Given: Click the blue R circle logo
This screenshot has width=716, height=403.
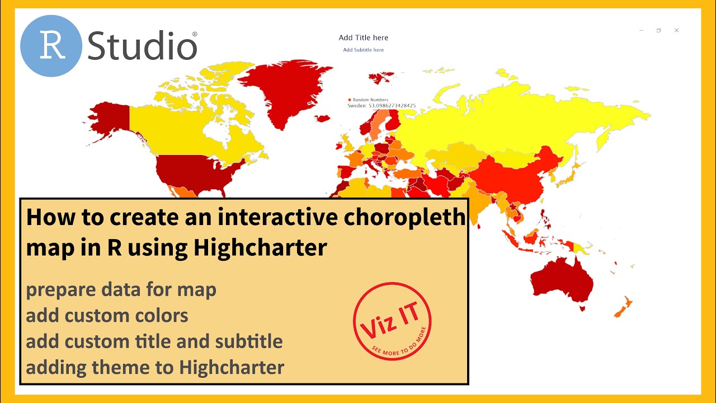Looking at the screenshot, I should (x=51, y=46).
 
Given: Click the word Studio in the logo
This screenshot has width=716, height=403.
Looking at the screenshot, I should (x=142, y=46).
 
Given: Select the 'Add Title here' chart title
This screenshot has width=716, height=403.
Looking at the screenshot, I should (x=363, y=38).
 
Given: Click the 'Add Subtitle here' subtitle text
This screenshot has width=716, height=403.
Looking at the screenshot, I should (x=363, y=50).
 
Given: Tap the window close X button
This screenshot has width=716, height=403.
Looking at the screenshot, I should (x=676, y=30).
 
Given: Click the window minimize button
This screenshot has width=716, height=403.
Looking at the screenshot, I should (x=641, y=30).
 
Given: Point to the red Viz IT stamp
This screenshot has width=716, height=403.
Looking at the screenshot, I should (x=392, y=321).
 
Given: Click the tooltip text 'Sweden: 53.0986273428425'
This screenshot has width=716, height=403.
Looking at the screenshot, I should (x=381, y=105).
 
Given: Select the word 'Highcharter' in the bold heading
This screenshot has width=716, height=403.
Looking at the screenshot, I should (x=260, y=247).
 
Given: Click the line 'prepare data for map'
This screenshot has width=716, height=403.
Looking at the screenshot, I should (x=121, y=290).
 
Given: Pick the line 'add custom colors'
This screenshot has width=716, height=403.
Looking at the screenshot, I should (x=107, y=316).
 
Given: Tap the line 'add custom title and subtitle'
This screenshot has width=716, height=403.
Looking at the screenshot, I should (x=154, y=341).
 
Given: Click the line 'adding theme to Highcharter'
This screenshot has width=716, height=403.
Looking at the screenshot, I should (x=155, y=367).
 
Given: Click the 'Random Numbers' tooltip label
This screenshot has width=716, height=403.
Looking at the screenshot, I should (x=370, y=100).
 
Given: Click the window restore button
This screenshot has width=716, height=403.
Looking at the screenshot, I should (x=658, y=30).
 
